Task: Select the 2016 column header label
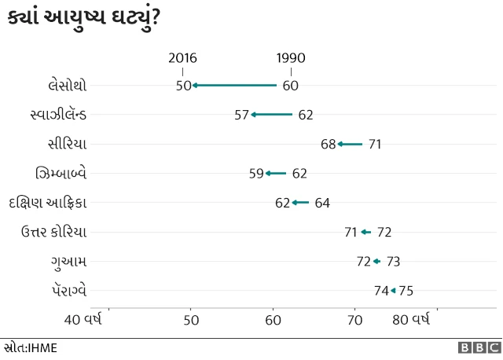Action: [x=183, y=58]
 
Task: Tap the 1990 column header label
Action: [x=291, y=58]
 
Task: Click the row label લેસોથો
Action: [x=68, y=85]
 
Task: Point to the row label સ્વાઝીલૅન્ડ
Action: [x=58, y=115]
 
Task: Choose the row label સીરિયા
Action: [x=68, y=144]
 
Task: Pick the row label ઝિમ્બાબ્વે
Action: [x=61, y=173]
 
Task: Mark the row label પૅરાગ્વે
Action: [x=66, y=291]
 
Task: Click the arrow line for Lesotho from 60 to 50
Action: [x=235, y=85]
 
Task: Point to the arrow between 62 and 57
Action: [x=272, y=115]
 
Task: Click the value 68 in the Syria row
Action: [x=328, y=144]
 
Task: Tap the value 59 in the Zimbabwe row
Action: [x=256, y=174]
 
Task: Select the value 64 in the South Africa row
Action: [x=322, y=203]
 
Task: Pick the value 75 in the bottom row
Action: [x=406, y=291]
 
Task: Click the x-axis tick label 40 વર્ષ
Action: [x=83, y=320]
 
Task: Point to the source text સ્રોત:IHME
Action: [x=30, y=347]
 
